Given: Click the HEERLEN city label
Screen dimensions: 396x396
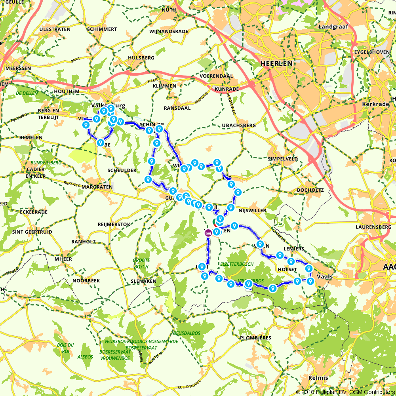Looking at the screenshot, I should point(277,63).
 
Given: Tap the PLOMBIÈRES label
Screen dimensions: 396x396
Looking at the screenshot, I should point(255,338).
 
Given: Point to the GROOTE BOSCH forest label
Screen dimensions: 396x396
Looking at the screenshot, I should point(141,263).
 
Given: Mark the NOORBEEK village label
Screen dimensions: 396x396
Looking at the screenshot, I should point(86,280).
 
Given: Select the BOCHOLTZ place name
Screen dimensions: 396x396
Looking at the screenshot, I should point(310,190).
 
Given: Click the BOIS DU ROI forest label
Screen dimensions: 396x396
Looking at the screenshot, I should point(65,348).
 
